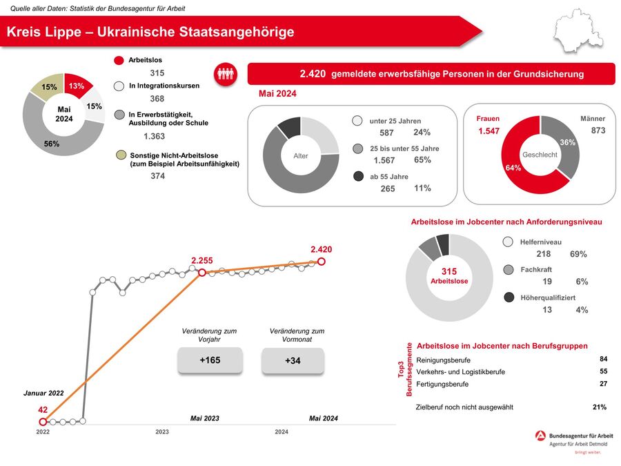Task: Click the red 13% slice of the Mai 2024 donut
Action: point(77,86)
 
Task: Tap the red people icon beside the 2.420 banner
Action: point(226,74)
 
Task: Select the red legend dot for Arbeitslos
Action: point(119,61)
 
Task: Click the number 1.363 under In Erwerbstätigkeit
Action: point(155,137)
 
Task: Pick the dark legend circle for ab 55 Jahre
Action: point(357,177)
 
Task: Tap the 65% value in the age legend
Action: point(422,160)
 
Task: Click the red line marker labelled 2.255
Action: point(202,273)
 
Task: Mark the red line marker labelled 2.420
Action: point(321,262)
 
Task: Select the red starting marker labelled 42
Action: point(43,421)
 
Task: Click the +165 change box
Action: point(210,360)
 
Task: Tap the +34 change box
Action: point(293,360)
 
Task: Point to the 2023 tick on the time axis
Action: point(162,431)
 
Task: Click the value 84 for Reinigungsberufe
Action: point(603,359)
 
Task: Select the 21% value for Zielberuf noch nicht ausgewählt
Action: point(599,407)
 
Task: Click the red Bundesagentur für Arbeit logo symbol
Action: point(540,436)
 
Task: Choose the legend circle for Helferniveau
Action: point(509,242)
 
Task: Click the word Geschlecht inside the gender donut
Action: point(540,155)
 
